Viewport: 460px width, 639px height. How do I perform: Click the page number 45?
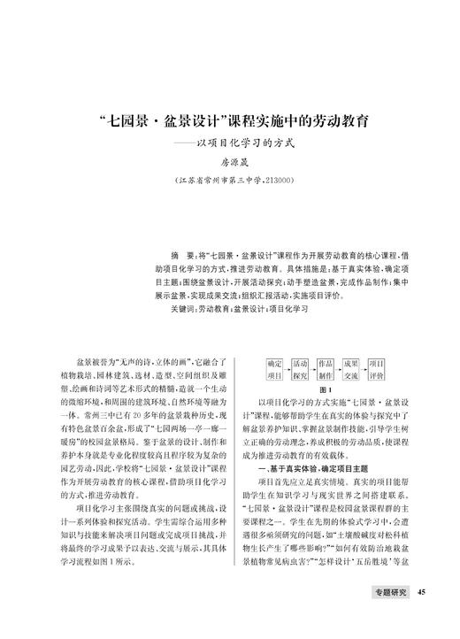tap(422, 593)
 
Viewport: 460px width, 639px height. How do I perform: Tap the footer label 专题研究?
tap(389, 593)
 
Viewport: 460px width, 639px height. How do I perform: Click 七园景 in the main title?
tap(132, 119)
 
